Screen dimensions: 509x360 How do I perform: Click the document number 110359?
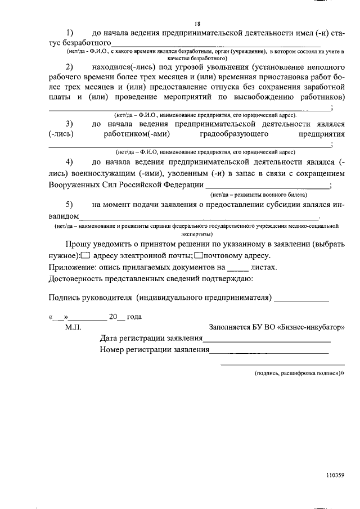click(x=335, y=475)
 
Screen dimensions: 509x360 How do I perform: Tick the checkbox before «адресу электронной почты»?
click(x=85, y=255)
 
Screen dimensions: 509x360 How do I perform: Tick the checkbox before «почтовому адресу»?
click(x=198, y=255)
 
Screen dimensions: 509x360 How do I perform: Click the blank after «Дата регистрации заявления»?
click(x=267, y=339)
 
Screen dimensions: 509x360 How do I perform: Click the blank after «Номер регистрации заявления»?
click(x=269, y=350)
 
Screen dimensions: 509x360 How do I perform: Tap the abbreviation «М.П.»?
click(x=74, y=327)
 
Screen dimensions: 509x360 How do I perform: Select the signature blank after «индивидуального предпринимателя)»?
click(x=301, y=297)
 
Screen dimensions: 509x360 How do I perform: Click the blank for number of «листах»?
click(x=238, y=268)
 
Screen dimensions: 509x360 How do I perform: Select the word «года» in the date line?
click(x=134, y=316)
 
